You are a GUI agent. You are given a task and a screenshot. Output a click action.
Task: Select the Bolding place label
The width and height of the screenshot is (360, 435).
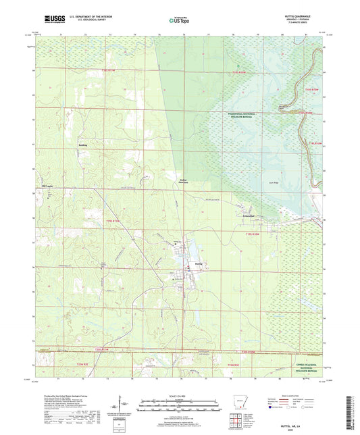point(82,145)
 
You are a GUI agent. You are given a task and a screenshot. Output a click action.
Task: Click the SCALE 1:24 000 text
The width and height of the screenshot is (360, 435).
point(179,396)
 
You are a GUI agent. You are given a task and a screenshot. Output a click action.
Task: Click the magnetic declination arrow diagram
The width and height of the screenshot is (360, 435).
point(122,408)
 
